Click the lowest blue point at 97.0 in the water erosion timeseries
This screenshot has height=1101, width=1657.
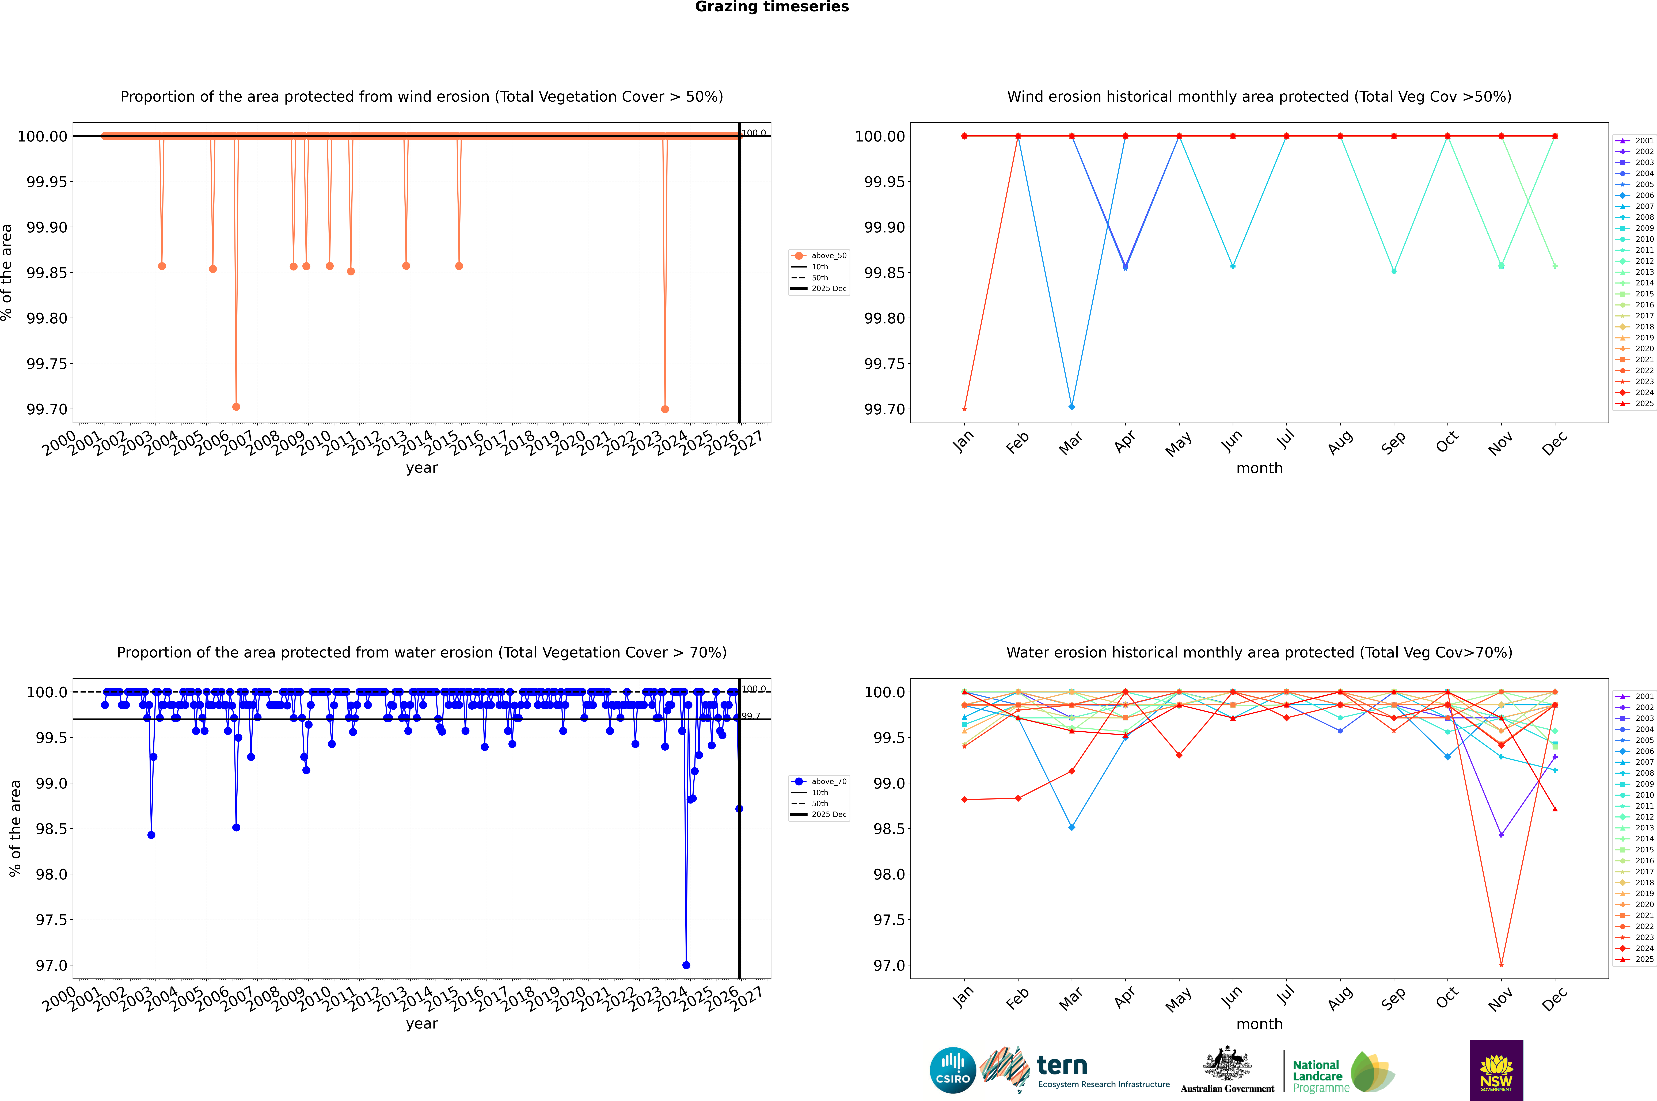click(x=686, y=965)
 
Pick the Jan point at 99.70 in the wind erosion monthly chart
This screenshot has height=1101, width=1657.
click(x=964, y=409)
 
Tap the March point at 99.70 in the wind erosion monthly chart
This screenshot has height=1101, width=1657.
click(x=1071, y=407)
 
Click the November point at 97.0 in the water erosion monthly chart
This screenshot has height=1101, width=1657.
click(x=1501, y=965)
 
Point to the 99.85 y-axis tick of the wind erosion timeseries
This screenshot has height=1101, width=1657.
click(x=46, y=273)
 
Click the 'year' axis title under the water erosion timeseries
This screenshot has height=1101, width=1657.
click(x=421, y=1024)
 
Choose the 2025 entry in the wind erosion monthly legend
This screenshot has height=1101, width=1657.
click(x=1644, y=404)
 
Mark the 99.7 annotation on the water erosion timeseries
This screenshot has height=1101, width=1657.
click(x=751, y=716)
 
